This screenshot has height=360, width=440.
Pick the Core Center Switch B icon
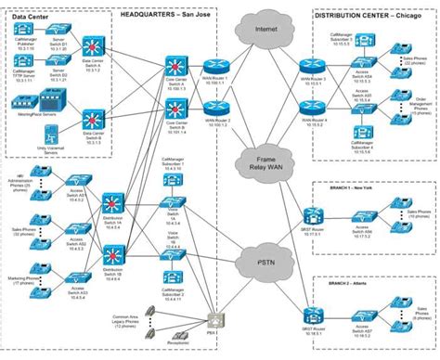click(x=175, y=103)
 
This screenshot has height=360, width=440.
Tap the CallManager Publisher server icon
click(x=23, y=33)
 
